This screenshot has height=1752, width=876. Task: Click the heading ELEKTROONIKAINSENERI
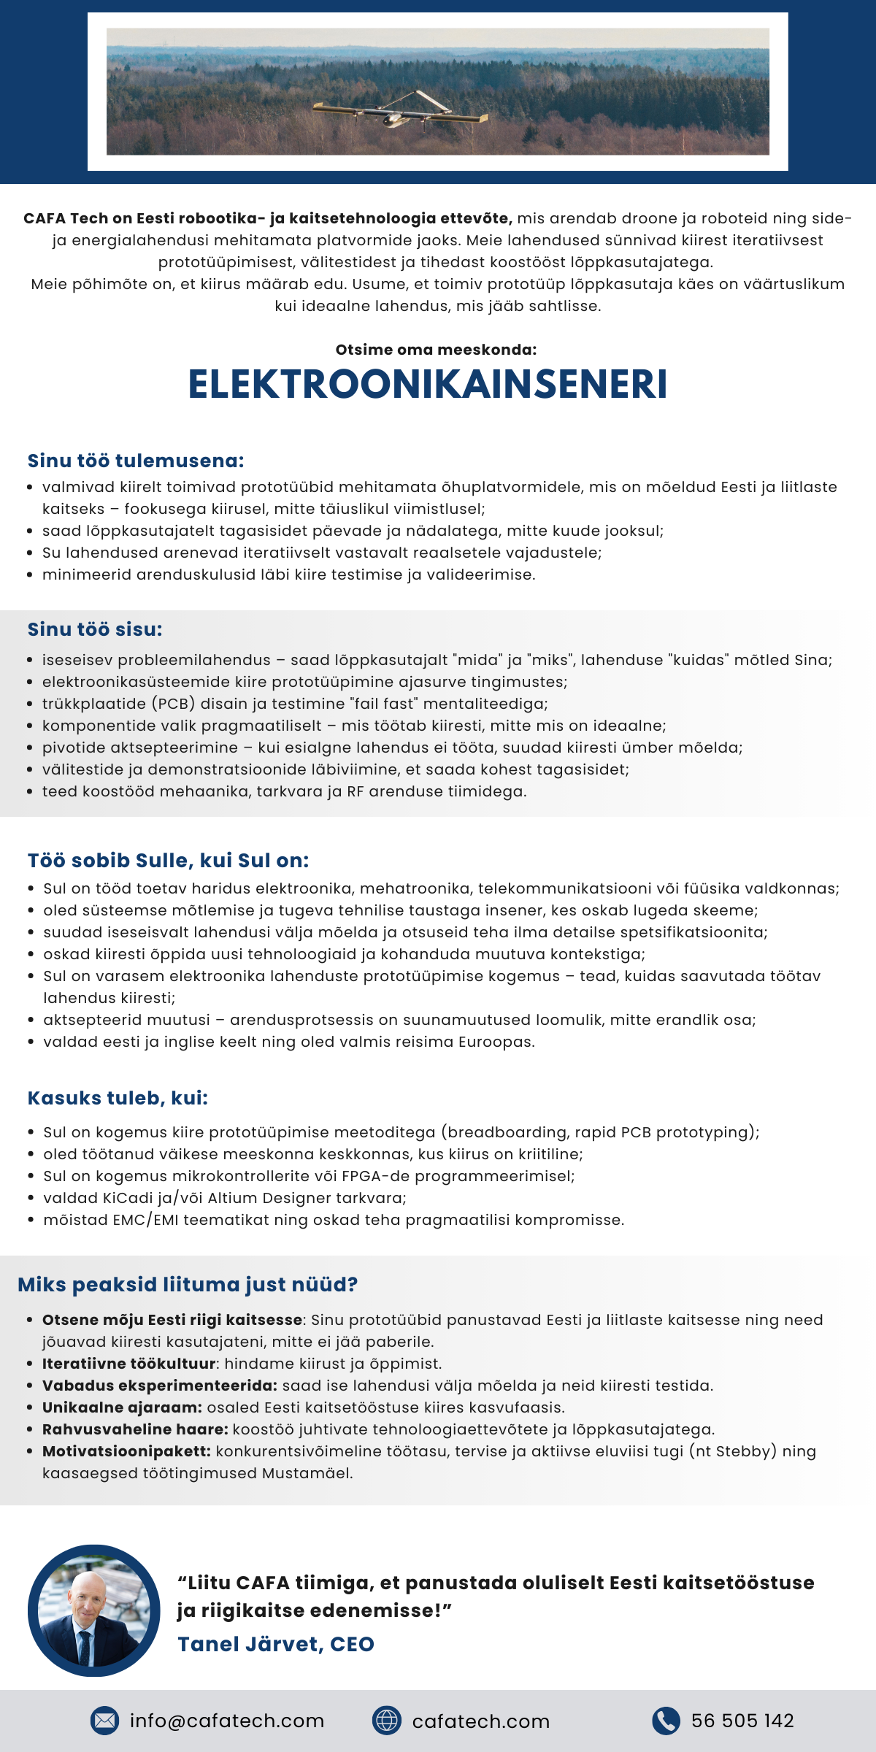pyautogui.click(x=428, y=385)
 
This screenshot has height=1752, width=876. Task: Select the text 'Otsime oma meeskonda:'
pyautogui.click(x=436, y=350)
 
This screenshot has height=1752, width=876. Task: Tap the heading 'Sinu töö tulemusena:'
pyautogui.click(x=136, y=461)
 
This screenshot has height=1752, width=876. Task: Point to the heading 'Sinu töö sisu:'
pyautogui.click(x=95, y=629)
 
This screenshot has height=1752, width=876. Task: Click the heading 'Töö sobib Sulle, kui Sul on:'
pyautogui.click(x=168, y=861)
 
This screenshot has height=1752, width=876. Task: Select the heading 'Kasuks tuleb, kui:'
pyautogui.click(x=118, y=1098)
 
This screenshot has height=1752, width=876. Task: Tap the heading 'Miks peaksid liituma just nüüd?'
pyautogui.click(x=188, y=1284)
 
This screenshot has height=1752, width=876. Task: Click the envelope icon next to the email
pyautogui.click(x=104, y=1721)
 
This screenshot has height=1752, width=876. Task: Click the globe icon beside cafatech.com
pyautogui.click(x=386, y=1721)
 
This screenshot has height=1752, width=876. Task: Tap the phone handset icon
pyautogui.click(x=666, y=1721)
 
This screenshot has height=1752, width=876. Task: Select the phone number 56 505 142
pyautogui.click(x=742, y=1721)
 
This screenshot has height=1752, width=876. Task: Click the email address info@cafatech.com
pyautogui.click(x=227, y=1721)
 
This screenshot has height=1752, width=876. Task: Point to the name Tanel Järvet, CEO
pyautogui.click(x=276, y=1644)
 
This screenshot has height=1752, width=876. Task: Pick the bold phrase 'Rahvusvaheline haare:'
pyautogui.click(x=135, y=1429)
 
